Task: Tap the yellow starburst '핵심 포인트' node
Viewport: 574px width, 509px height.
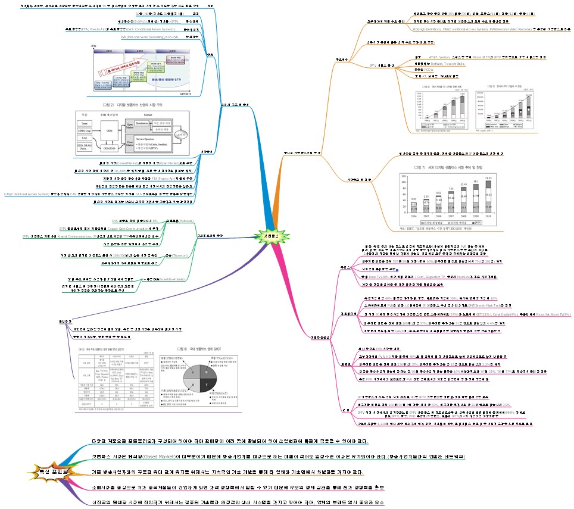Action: (53, 471)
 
